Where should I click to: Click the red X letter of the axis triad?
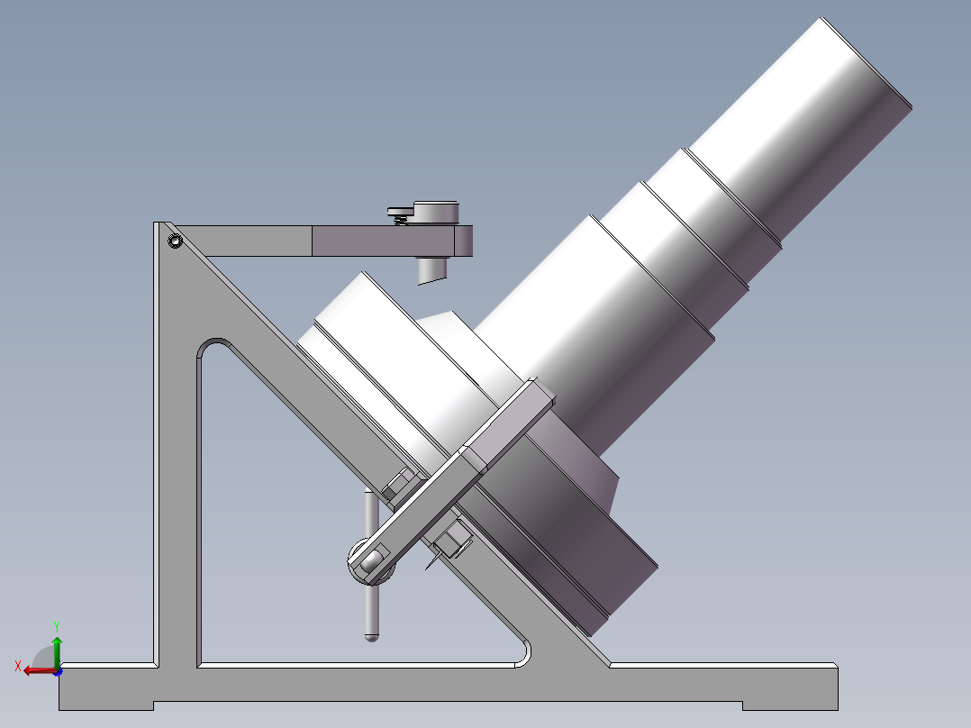tap(17, 666)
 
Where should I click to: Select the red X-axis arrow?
tap(36, 670)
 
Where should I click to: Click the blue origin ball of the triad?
tap(57, 670)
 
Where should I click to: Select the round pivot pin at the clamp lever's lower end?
tap(370, 563)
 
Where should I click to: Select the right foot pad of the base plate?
tap(790, 703)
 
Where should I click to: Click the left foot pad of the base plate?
tap(106, 703)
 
